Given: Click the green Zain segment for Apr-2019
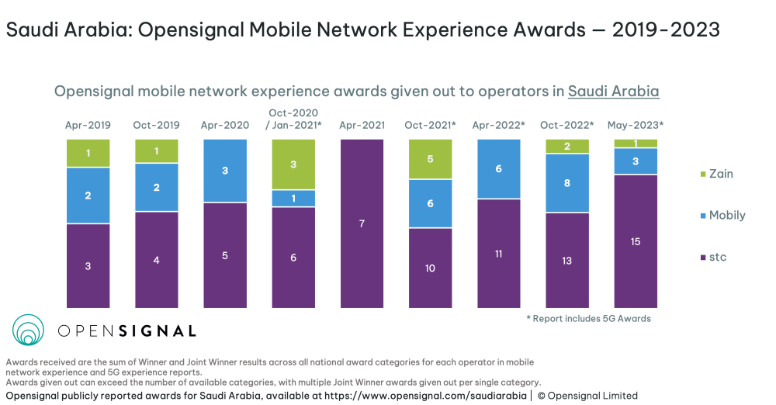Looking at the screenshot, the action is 88,153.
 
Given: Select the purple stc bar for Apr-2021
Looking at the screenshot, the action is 362,223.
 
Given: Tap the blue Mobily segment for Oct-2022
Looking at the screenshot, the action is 567,183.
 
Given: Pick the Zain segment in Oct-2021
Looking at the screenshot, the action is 430,159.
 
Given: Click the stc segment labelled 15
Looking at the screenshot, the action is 636,241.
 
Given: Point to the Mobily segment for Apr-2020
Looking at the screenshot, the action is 225,171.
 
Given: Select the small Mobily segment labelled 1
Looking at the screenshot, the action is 293,199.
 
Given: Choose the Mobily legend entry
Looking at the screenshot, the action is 723,216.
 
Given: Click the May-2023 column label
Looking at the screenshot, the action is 636,125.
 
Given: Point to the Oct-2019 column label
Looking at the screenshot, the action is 157,125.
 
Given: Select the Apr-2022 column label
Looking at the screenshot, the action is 498,125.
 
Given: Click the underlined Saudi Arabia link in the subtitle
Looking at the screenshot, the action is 613,91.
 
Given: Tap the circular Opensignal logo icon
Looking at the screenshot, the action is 28,330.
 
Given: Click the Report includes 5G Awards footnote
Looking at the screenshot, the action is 588,319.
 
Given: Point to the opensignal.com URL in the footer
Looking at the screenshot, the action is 425,396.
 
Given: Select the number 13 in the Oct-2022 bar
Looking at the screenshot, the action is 567,261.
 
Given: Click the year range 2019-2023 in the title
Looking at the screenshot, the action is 666,29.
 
